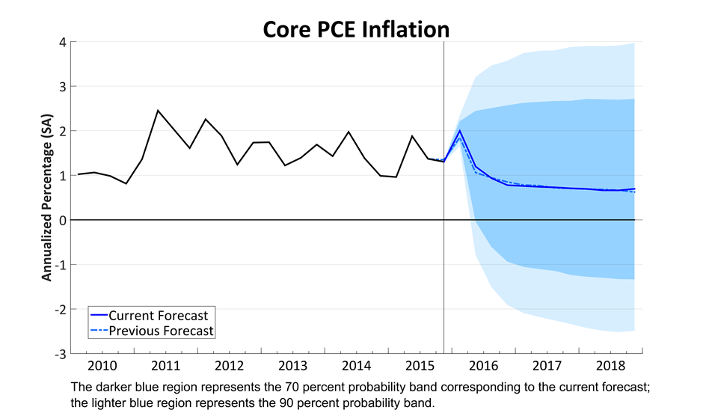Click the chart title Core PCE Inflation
[x=355, y=28]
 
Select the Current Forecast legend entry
[x=158, y=315]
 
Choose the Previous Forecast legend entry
[x=161, y=330]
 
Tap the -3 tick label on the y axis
[x=61, y=353]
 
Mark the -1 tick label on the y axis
[x=61, y=264]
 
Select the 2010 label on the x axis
[x=102, y=365]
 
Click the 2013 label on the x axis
[x=292, y=365]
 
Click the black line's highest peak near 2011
[x=158, y=111]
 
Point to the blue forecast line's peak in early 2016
[x=459, y=130]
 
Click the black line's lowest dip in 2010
[x=126, y=183]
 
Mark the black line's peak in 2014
[x=349, y=132]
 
